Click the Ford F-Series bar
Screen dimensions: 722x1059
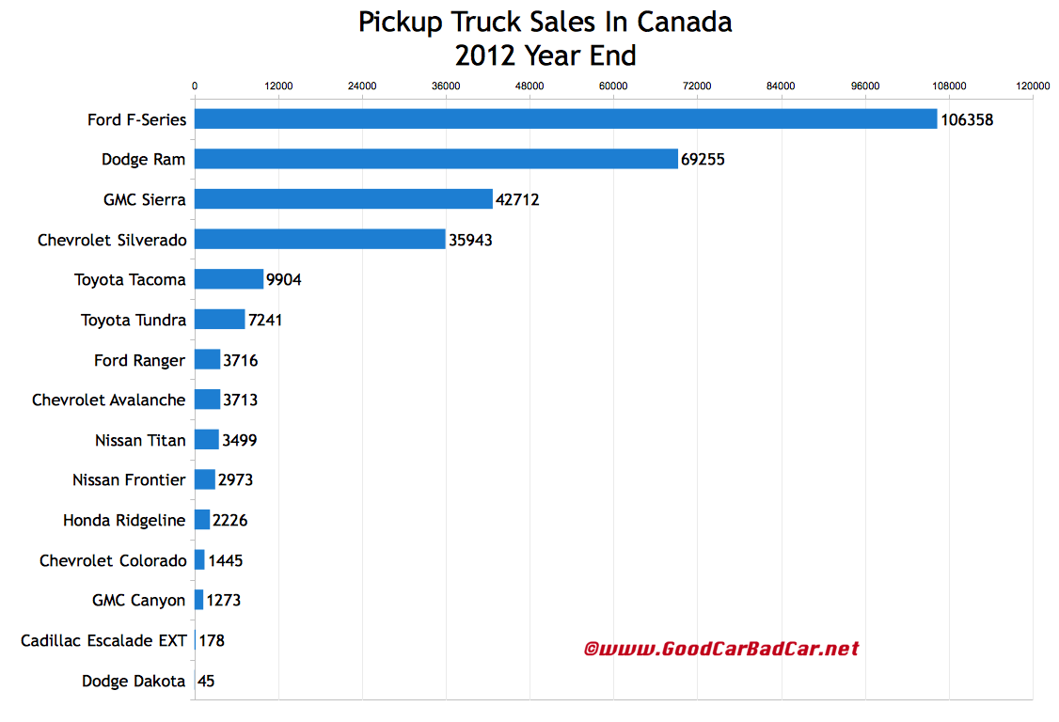coord(565,119)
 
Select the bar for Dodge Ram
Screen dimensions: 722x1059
coord(435,159)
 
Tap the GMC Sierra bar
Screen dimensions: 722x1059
coord(343,199)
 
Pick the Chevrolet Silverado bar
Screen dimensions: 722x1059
coord(320,240)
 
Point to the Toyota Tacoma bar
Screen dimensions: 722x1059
coord(229,279)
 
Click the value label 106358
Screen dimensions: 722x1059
coord(967,120)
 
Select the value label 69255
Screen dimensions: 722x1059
coord(703,160)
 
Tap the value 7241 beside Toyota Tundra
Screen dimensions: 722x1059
coord(265,321)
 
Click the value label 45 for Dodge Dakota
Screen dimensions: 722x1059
coord(206,682)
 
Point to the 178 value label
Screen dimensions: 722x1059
coord(212,641)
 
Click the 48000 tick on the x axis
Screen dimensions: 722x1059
coord(529,86)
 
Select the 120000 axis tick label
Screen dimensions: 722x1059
coord(1033,86)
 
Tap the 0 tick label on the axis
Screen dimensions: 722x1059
coord(195,86)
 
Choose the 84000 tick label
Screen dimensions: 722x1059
coord(782,86)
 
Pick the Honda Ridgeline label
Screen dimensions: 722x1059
coord(124,520)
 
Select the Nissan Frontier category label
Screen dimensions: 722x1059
coord(129,480)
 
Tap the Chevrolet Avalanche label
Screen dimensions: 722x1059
coord(109,400)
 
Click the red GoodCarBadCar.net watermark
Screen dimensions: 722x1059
coord(721,649)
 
